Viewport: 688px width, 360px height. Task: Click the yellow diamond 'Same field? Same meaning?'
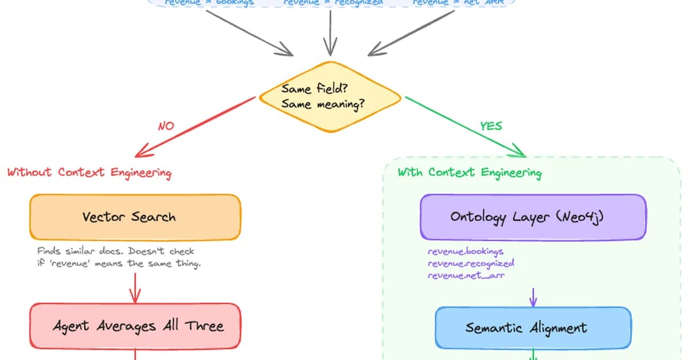point(330,97)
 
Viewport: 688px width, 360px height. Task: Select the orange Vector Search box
point(135,217)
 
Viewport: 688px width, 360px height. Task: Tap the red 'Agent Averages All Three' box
point(135,326)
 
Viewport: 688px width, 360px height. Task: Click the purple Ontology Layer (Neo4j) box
point(533,217)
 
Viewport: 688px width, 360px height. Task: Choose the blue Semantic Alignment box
point(533,328)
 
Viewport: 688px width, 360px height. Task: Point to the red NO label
point(166,126)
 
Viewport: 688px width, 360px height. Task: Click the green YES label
point(491,126)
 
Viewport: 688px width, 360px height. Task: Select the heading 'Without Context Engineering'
point(89,172)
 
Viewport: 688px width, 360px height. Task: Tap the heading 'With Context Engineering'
point(469,173)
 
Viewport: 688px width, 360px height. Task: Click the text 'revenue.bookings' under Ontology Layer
point(466,251)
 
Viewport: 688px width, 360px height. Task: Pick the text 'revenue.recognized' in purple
point(471,263)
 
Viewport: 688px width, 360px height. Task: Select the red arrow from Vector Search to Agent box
point(135,288)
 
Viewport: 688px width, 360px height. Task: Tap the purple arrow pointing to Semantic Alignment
point(533,296)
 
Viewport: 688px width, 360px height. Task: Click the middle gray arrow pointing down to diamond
point(330,34)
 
